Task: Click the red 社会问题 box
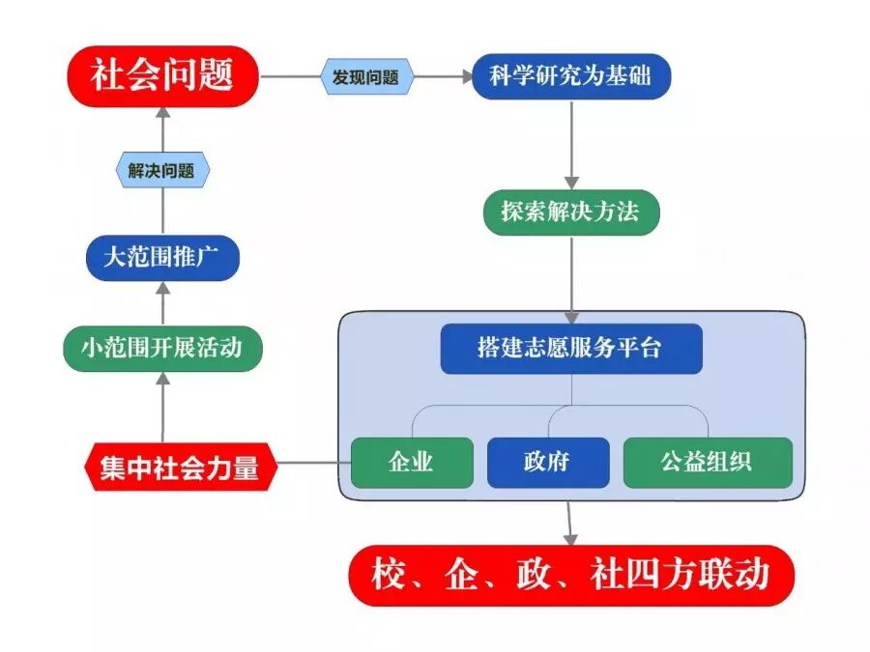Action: click(x=162, y=74)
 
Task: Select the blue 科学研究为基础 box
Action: click(x=571, y=76)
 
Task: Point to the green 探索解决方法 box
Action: click(x=571, y=212)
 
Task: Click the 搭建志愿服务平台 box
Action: click(x=571, y=349)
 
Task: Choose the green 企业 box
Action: click(x=412, y=462)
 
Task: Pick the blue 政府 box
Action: click(x=548, y=462)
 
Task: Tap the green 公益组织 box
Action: click(x=708, y=462)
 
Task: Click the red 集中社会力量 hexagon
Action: click(x=180, y=468)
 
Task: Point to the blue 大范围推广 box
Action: click(x=162, y=259)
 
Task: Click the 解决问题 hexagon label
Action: click(x=161, y=171)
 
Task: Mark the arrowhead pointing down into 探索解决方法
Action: click(x=571, y=181)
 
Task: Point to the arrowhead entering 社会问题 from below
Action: click(x=162, y=111)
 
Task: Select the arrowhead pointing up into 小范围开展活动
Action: click(x=162, y=380)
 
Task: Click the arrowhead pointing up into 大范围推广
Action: click(x=162, y=290)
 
